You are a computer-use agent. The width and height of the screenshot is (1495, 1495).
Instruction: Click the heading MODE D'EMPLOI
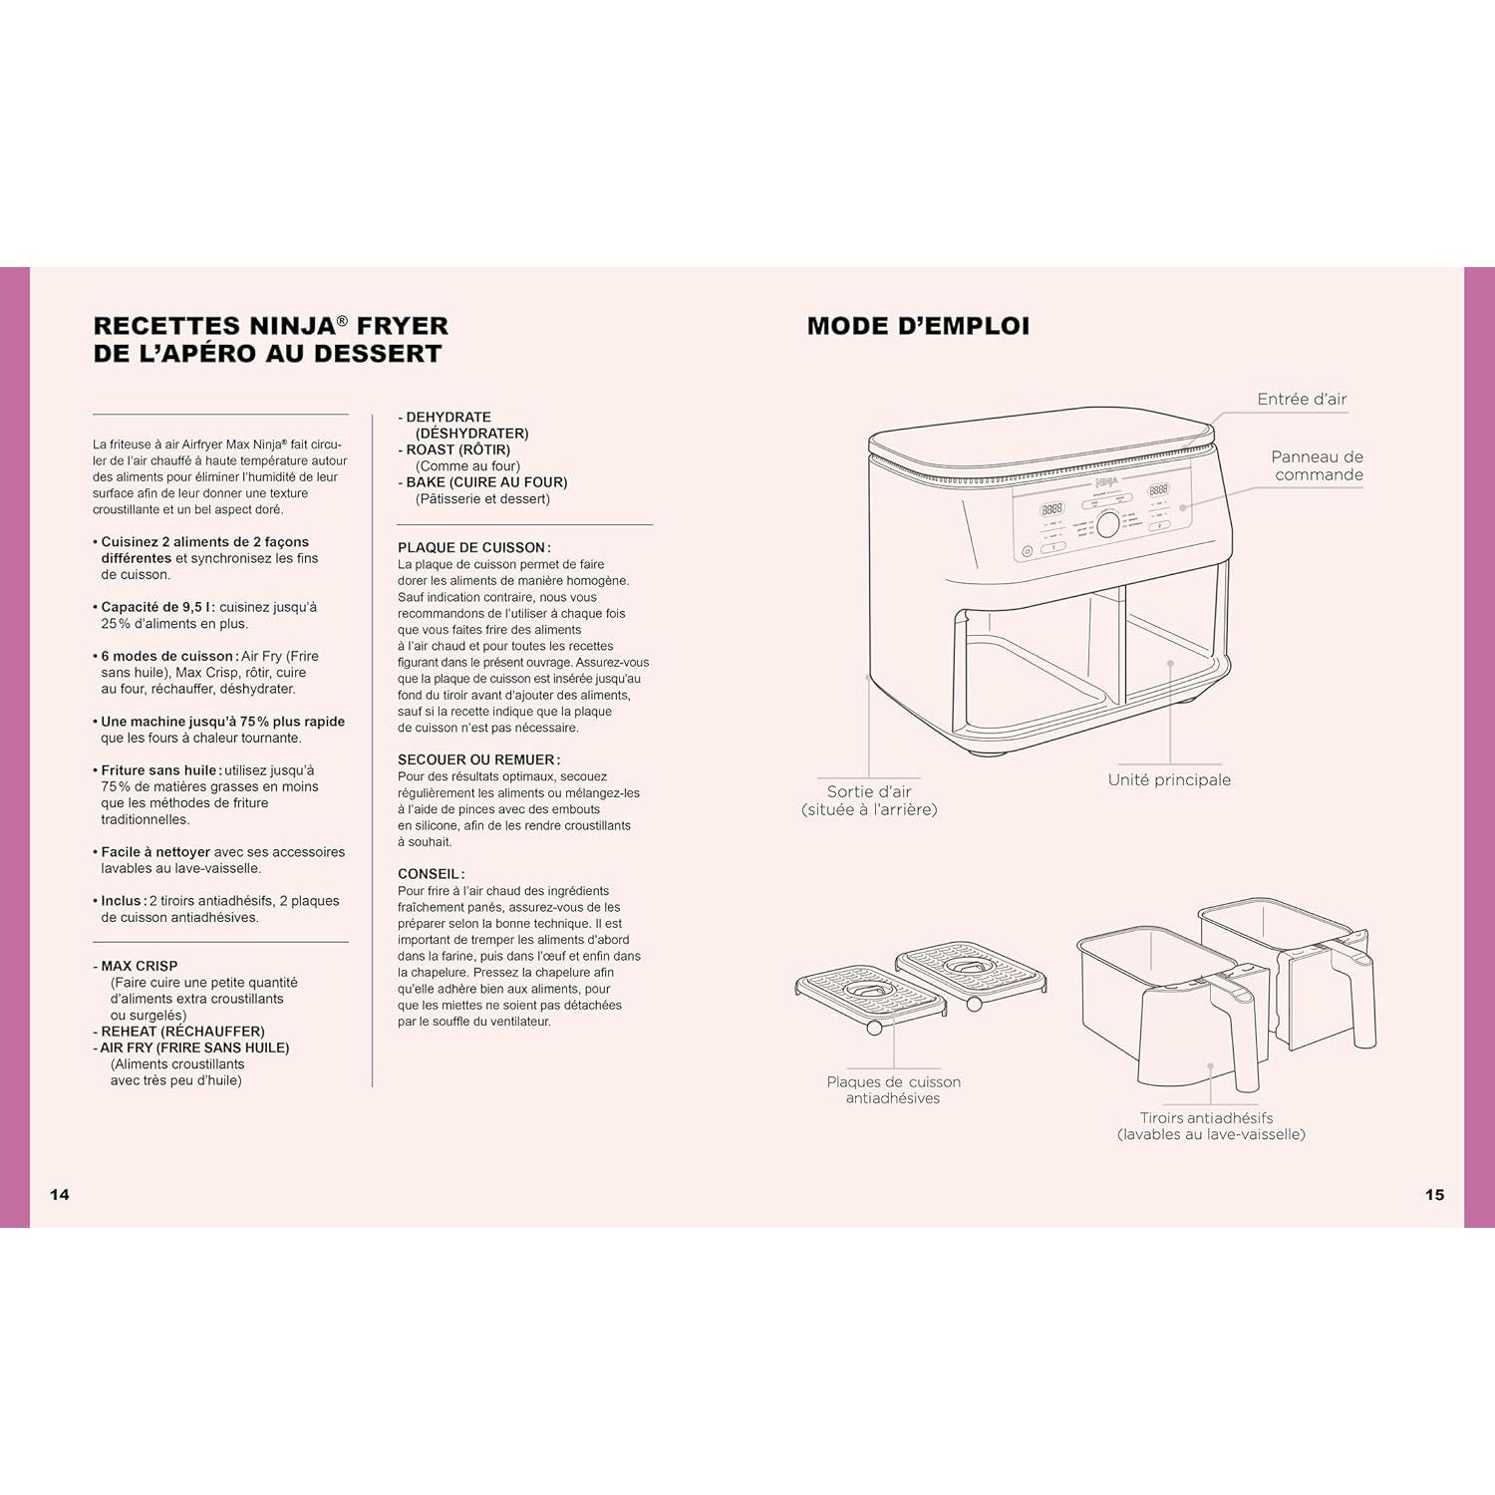[918, 326]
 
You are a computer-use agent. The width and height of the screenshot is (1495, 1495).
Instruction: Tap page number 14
[60, 1194]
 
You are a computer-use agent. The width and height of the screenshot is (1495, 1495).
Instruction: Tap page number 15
[1434, 1194]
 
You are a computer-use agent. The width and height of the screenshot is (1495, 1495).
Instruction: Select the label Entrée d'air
[1302, 399]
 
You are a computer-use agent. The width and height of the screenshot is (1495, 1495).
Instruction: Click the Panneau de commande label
[1317, 465]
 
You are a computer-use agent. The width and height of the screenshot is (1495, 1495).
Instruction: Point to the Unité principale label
[1169, 779]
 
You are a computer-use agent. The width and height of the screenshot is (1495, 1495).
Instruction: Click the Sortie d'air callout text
[869, 800]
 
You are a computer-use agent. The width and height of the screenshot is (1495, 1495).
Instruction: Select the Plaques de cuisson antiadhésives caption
[893, 1089]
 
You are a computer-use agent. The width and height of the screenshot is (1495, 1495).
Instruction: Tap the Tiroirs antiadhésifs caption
[1210, 1125]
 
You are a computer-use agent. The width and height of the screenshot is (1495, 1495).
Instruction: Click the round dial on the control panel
[1107, 525]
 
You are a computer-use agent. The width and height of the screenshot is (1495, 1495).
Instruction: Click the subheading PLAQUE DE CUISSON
[472, 547]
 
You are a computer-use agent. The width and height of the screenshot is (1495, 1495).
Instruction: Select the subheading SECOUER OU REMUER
[477, 759]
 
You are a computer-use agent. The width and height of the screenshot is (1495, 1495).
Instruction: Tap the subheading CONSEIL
[430, 874]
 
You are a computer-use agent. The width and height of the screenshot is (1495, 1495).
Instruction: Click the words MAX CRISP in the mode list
[139, 966]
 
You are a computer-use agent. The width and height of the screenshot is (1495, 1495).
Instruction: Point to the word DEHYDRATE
[448, 417]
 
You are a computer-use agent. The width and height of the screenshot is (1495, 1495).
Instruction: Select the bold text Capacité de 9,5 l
[157, 607]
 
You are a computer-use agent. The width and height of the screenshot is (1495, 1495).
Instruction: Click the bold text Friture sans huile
[158, 770]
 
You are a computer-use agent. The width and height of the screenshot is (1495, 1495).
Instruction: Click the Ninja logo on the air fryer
[1107, 481]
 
